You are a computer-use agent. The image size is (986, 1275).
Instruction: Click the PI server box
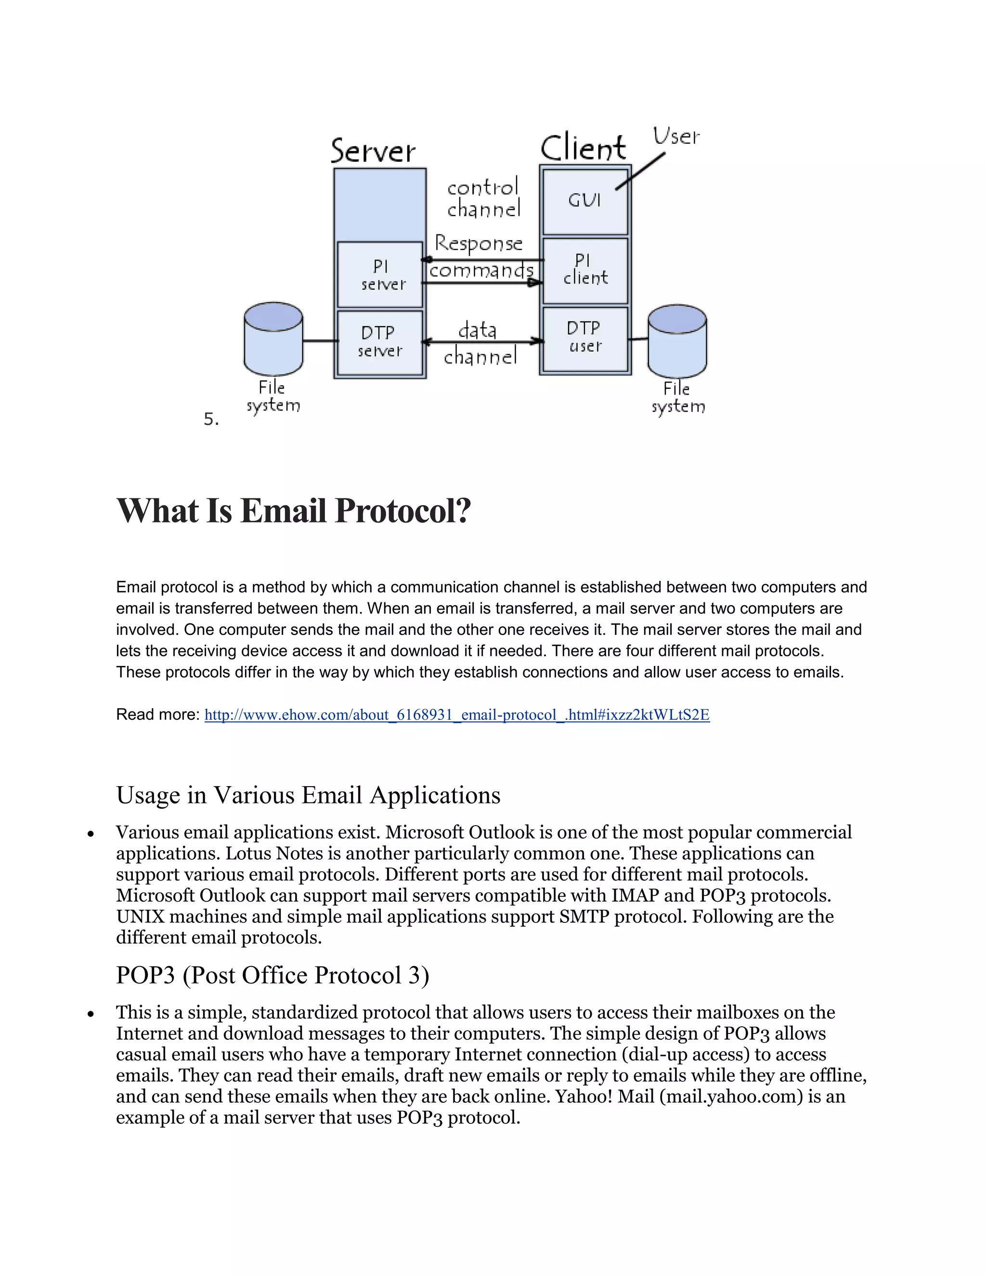(380, 274)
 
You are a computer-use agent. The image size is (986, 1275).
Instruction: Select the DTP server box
(380, 343)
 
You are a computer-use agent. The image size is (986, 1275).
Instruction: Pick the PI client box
(584, 270)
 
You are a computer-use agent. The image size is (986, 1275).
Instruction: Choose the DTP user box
(584, 339)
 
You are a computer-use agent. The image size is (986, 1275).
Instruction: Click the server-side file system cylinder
(273, 339)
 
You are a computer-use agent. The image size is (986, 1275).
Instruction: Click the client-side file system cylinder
(677, 341)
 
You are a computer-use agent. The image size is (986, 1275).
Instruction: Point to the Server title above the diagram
(373, 151)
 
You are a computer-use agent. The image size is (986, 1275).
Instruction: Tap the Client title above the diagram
(583, 148)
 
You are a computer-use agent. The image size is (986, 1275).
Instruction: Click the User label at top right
(676, 137)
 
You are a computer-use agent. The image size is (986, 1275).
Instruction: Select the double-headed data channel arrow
(482, 341)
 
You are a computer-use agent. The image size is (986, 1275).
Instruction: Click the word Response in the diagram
(479, 243)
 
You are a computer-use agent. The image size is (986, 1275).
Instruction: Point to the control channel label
(483, 199)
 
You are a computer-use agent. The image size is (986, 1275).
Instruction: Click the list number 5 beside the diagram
(211, 419)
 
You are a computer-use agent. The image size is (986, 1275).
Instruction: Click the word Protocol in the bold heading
(402, 511)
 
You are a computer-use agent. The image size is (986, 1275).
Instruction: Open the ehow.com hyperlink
(457, 715)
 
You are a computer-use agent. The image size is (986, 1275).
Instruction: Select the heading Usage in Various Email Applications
(308, 795)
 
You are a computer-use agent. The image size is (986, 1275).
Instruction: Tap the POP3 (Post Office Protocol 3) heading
(272, 975)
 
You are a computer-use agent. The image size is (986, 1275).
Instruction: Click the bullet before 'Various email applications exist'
(91, 834)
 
